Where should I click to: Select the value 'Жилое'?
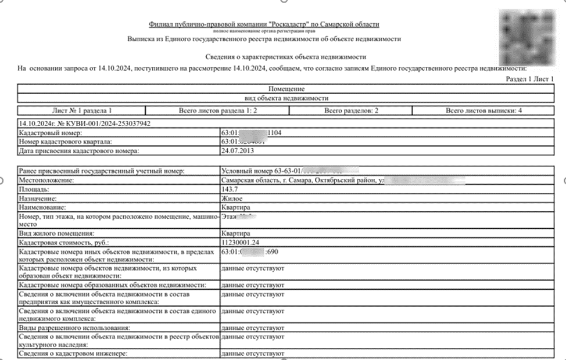click(x=232, y=198)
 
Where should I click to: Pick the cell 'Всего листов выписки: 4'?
click(x=483, y=110)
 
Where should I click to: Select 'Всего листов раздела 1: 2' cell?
click(x=213, y=110)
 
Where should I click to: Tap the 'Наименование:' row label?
click(x=42, y=207)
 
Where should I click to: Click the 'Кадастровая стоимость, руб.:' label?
click(x=64, y=242)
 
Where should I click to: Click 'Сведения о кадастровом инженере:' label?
click(x=73, y=354)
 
